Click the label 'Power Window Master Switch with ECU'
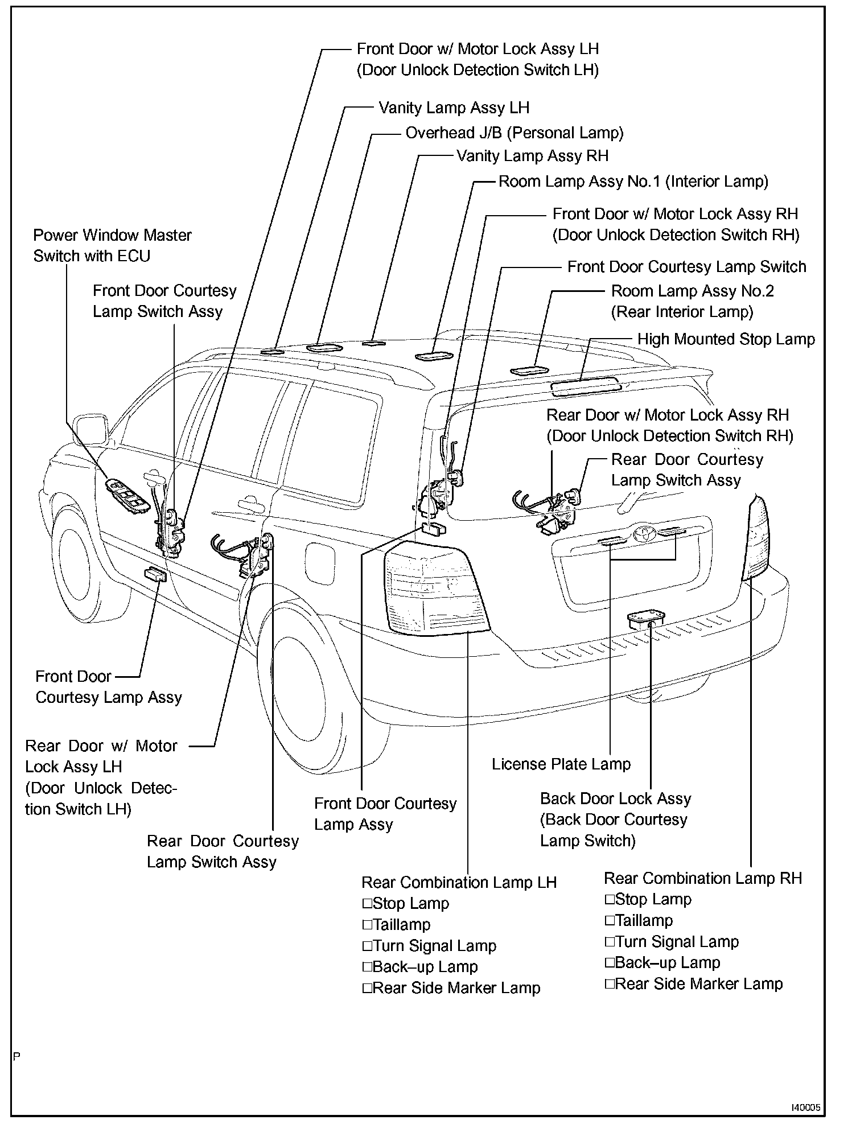point(112,245)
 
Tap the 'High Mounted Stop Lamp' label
point(726,339)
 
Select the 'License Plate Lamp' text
point(561,764)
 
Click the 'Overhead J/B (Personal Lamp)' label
point(514,133)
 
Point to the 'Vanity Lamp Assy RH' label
point(532,156)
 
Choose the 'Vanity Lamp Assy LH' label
point(454,108)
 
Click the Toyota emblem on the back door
point(643,534)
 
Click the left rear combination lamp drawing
point(435,589)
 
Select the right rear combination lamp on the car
point(756,538)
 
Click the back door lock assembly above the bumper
point(646,619)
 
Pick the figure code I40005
point(805,1108)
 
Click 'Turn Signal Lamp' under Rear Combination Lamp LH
point(429,946)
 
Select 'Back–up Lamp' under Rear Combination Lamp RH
point(662,962)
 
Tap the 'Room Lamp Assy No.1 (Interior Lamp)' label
point(633,182)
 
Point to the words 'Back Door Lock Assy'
point(615,798)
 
